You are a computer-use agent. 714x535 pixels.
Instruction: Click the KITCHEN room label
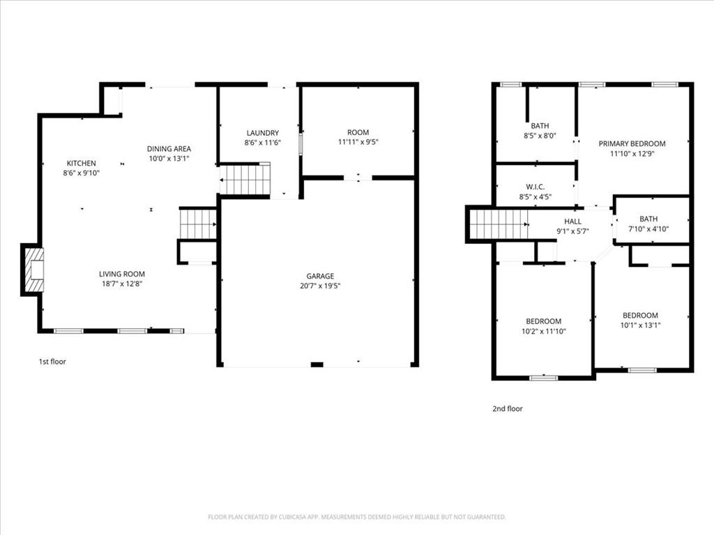click(81, 163)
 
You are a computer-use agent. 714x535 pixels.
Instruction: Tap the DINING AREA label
click(169, 148)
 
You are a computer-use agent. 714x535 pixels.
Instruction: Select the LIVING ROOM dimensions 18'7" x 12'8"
click(121, 284)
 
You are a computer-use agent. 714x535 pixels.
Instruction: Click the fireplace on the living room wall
click(33, 270)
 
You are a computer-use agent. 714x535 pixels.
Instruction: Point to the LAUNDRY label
click(262, 133)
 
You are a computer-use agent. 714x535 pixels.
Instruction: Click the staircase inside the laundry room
click(245, 180)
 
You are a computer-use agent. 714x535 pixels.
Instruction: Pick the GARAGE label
click(320, 276)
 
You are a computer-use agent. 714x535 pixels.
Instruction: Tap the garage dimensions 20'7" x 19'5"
click(320, 286)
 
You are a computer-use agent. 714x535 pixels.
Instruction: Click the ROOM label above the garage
click(358, 132)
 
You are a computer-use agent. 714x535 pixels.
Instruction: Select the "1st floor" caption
click(52, 362)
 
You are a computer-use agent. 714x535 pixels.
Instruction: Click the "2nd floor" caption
click(507, 409)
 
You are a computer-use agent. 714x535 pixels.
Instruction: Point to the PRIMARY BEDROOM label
click(632, 144)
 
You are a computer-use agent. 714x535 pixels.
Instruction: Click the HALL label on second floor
click(572, 222)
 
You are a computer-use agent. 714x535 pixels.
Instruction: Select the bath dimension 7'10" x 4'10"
click(648, 228)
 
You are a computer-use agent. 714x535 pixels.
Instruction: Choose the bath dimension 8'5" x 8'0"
click(540, 136)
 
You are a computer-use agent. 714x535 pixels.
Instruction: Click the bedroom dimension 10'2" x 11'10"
click(543, 332)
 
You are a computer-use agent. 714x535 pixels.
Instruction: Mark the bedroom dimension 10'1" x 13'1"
click(640, 325)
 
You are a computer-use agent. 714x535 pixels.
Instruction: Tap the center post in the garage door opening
click(317, 364)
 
